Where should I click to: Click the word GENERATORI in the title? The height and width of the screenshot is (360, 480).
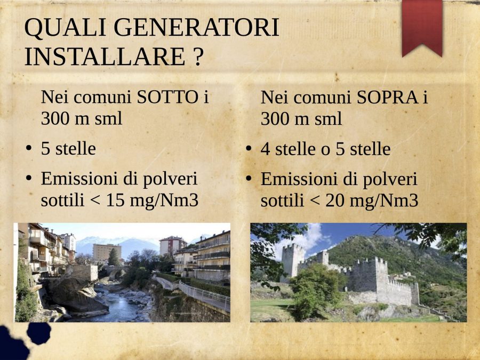click(196, 28)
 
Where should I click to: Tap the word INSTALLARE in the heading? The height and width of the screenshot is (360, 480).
click(105, 57)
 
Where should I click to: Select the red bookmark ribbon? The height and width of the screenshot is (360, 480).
click(422, 28)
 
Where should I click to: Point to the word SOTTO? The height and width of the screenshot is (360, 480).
click(167, 98)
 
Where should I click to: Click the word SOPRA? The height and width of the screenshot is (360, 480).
click(387, 98)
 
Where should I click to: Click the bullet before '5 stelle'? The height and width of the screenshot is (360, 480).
click(29, 148)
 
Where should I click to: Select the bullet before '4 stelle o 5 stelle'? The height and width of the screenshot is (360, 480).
click(249, 149)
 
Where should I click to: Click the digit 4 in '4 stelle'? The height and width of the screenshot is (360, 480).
click(265, 149)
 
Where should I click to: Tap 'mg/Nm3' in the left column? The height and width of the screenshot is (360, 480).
click(164, 201)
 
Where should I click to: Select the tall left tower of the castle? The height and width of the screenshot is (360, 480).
click(293, 261)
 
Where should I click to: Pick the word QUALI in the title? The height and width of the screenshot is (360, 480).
click(65, 28)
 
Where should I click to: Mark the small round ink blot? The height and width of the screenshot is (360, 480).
click(39, 333)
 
